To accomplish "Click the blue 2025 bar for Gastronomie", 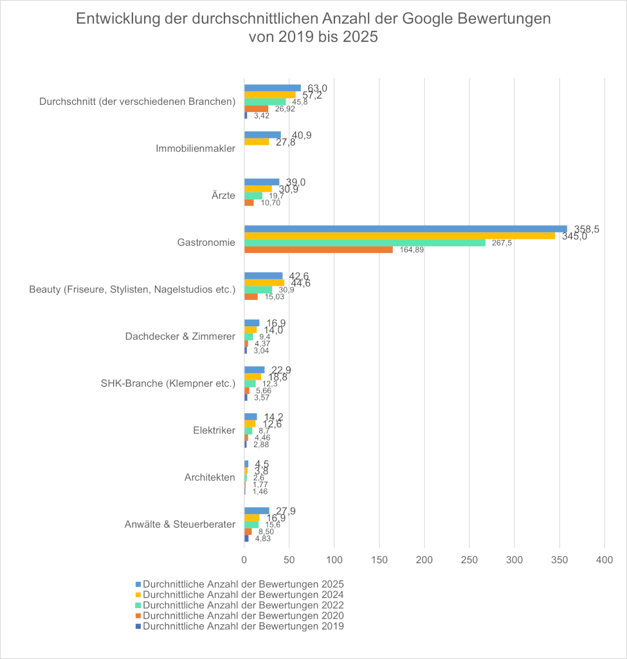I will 405,229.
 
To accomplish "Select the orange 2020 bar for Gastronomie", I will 318,250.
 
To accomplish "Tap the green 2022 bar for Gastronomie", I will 365,243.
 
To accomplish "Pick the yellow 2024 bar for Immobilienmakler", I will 257,142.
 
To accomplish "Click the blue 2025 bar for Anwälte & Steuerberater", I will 257,510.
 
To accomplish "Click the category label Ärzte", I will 223,196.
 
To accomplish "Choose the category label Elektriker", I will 214,430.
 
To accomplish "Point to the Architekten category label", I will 208,477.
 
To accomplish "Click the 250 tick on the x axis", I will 469,561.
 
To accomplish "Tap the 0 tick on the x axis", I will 244,561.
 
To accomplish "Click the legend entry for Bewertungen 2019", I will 243,626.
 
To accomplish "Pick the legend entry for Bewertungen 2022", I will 243,605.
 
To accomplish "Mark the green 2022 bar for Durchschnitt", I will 265,102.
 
